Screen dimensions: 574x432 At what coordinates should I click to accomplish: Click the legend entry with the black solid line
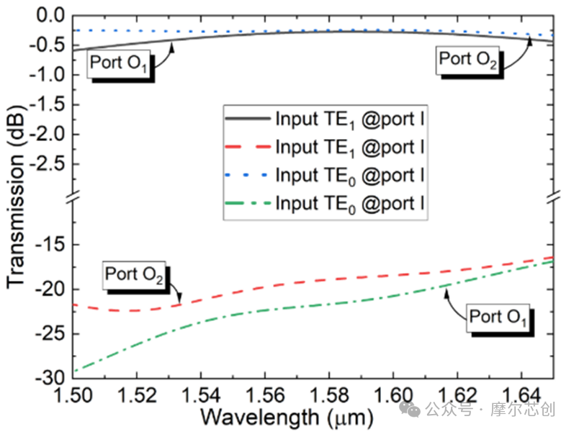pos(325,119)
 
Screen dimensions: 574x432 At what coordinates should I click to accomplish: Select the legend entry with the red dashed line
pos(325,147)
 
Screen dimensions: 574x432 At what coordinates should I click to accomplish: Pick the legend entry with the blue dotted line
pos(325,175)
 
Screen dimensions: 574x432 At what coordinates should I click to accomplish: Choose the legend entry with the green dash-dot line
pos(325,203)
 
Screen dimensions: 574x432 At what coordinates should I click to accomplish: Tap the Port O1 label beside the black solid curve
pos(118,63)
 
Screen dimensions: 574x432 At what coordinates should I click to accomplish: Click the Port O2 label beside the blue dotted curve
pos(467,60)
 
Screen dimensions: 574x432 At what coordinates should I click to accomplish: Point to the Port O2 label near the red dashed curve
pos(134,274)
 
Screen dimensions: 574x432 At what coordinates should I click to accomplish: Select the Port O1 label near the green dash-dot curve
pos(498,317)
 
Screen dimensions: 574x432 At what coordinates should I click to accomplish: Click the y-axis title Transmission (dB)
pos(15,197)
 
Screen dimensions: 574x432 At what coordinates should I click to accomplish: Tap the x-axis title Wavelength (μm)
pos(287,418)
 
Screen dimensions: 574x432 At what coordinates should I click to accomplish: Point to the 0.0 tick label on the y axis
pos(50,16)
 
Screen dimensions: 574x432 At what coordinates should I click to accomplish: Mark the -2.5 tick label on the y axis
pos(47,164)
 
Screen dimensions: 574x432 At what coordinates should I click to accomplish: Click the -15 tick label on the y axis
pos(50,244)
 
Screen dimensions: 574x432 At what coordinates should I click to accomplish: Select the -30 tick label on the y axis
pos(50,377)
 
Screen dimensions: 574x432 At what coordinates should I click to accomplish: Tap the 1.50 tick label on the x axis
pos(73,395)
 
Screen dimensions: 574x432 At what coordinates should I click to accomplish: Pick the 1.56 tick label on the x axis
pos(265,395)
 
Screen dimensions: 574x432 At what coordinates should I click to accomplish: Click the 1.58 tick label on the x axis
pos(329,395)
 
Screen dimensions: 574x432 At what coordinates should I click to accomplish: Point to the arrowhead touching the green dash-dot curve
pos(447,293)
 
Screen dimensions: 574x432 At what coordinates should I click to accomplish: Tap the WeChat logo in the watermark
pos(410,408)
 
